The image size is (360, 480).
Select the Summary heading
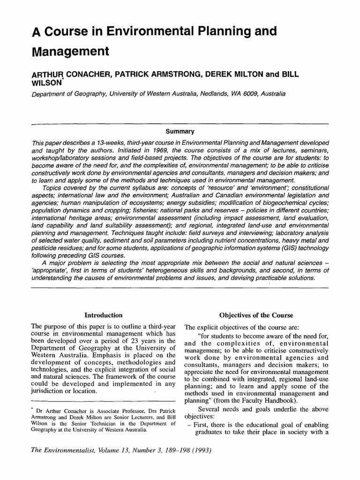(x=180, y=132)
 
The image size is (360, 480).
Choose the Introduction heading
(x=103, y=315)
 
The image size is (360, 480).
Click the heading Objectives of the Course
(x=256, y=315)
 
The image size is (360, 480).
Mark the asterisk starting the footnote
(x=32, y=408)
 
